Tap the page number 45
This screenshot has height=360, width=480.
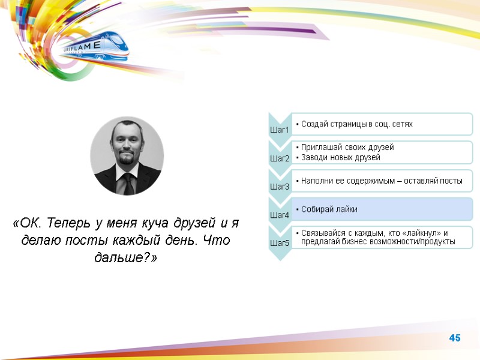point(455,339)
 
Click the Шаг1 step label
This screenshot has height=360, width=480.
point(280,130)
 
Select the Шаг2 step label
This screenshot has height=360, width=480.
point(280,158)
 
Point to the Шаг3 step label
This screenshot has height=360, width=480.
point(280,187)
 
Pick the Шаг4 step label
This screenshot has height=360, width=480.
point(280,215)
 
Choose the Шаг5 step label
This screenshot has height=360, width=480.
point(280,243)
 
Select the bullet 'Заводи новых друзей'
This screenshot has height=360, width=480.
point(341,157)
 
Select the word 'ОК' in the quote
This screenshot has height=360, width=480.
point(27,224)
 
